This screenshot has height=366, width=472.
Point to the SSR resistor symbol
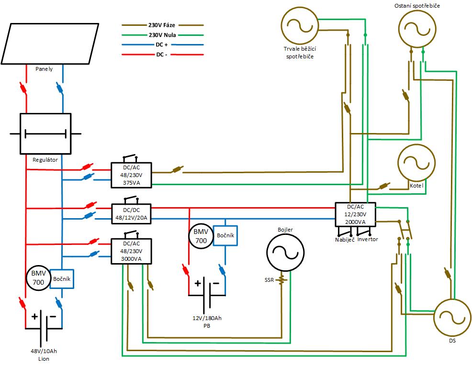[281, 280]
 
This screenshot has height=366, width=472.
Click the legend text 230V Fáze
[162, 25]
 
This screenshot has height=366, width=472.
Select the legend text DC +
[162, 44]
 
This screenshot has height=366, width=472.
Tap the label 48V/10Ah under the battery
[44, 351]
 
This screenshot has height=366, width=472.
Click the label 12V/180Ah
[207, 318]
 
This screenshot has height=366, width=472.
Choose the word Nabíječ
[345, 240]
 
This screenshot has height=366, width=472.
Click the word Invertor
[368, 239]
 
